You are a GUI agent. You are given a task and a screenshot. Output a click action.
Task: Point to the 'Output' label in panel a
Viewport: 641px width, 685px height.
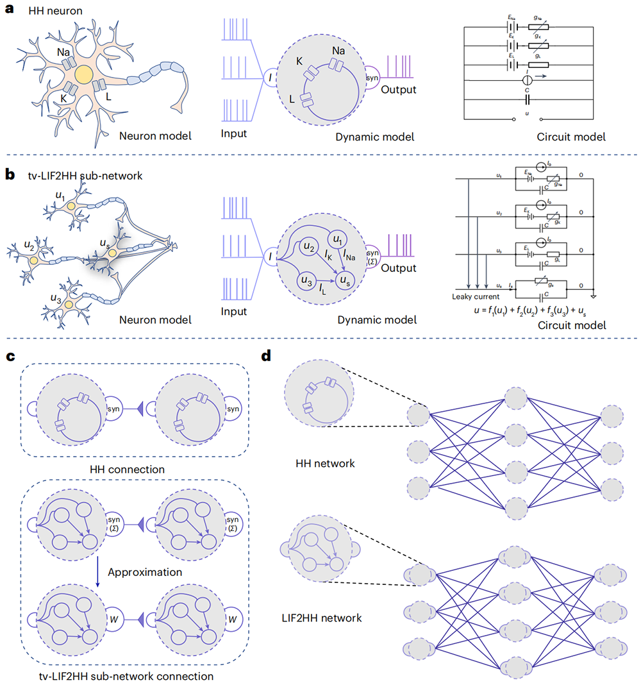[399, 90]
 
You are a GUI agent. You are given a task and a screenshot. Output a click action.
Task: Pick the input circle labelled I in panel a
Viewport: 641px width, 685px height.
[276, 78]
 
